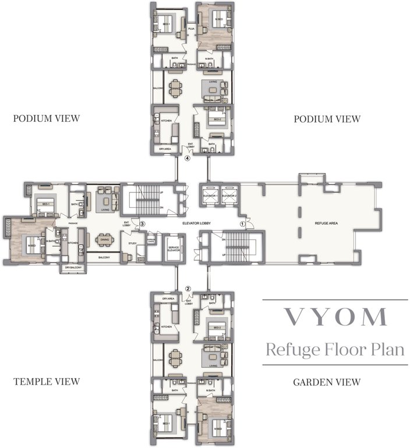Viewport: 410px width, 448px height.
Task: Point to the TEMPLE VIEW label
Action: [x=46, y=382]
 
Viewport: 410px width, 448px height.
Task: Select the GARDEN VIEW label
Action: [x=327, y=382]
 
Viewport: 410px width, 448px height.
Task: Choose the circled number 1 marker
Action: [x=243, y=223]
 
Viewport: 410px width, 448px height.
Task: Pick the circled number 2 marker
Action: [x=188, y=288]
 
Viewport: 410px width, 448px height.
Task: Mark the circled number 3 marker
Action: [x=142, y=223]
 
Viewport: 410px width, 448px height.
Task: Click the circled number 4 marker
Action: [x=188, y=157]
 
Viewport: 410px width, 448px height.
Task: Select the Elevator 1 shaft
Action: [x=210, y=195]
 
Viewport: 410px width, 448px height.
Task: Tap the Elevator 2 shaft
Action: [x=229, y=195]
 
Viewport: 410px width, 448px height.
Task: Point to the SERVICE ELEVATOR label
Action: [x=172, y=250]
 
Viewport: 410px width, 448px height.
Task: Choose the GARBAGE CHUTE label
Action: [x=150, y=241]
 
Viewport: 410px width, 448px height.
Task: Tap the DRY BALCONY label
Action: [x=73, y=267]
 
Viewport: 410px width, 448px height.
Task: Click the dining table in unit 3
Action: [x=105, y=240]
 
